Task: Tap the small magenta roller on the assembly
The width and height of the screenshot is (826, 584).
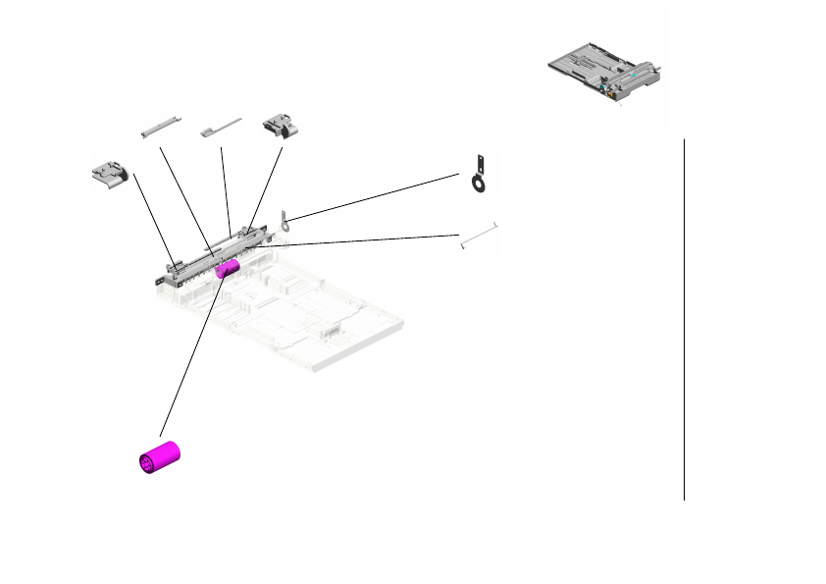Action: pos(228,269)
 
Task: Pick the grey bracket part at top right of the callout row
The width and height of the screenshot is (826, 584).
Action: pos(280,126)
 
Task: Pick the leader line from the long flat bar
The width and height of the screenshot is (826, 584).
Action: pos(183,192)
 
